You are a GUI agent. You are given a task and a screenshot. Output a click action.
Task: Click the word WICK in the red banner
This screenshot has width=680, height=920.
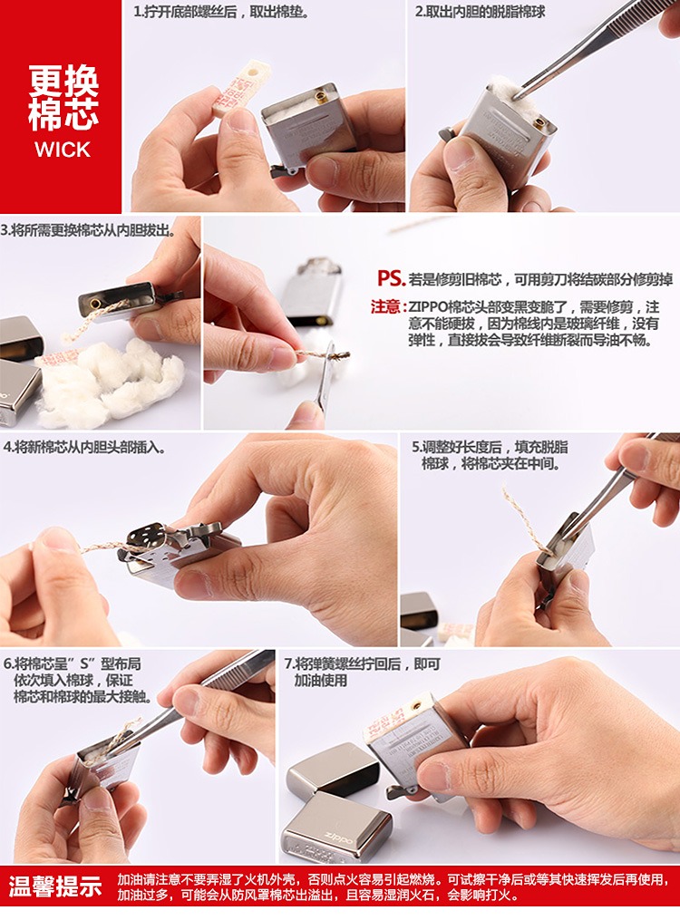pyautogui.click(x=62, y=150)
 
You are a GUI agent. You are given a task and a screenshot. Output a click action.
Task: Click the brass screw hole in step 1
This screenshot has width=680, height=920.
pyautogui.click(x=321, y=96)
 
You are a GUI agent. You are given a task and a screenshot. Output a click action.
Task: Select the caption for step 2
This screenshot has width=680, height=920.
pyautogui.click(x=480, y=11)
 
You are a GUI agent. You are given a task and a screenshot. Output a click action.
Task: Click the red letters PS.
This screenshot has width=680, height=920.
pyautogui.click(x=391, y=278)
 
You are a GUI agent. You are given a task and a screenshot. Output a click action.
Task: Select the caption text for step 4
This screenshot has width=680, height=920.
pyautogui.click(x=84, y=448)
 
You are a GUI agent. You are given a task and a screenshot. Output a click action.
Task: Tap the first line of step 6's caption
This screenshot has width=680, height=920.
pyautogui.click(x=73, y=664)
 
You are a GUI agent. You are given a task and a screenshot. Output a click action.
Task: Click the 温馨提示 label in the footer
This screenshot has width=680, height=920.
pyautogui.click(x=55, y=886)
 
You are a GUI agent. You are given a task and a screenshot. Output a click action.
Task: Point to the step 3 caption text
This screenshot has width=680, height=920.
pyautogui.click(x=88, y=230)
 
